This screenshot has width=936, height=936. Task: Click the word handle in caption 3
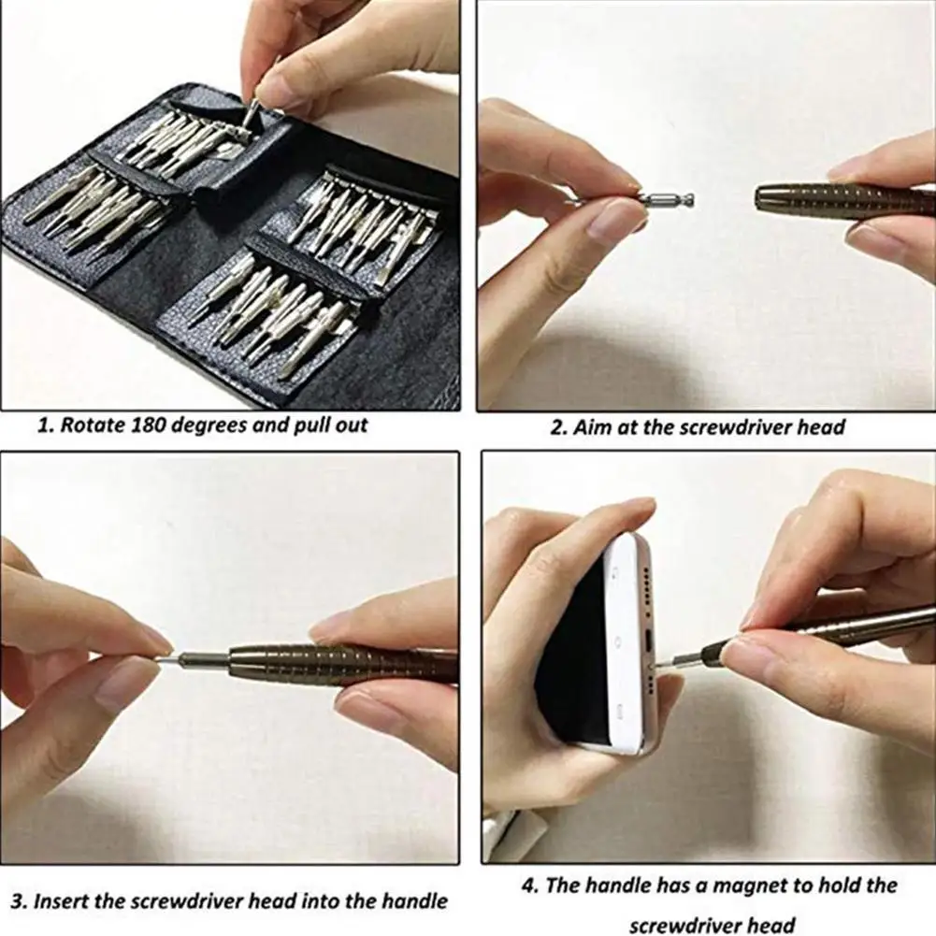click(x=404, y=902)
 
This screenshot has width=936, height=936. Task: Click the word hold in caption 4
click(x=838, y=886)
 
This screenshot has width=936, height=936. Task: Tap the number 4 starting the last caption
click(x=528, y=886)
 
